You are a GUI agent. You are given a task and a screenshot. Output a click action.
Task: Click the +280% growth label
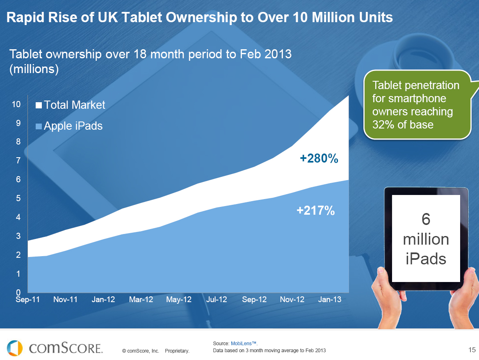tap(319, 159)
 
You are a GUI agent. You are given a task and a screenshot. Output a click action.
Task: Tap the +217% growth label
tap(316, 211)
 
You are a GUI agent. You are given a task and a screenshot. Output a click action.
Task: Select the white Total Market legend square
tap(39, 105)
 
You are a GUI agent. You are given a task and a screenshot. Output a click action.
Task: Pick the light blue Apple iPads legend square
tap(39, 126)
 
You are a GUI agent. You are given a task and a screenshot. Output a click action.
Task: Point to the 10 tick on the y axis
tap(16, 104)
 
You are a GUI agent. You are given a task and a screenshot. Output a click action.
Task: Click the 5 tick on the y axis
tap(18, 199)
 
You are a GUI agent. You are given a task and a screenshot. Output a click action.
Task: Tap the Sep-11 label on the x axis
tap(27, 300)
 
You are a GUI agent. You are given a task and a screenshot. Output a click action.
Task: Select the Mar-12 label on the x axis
tap(141, 300)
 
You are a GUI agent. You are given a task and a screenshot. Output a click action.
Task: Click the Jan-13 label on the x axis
tap(330, 300)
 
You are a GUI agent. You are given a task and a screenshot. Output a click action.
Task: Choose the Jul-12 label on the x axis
tap(217, 300)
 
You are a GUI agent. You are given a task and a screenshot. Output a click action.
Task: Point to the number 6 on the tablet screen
tap(426, 220)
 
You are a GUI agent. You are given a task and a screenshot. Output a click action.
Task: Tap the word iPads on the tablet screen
tap(426, 259)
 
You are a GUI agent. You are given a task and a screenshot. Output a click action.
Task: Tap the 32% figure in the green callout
tap(381, 124)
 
